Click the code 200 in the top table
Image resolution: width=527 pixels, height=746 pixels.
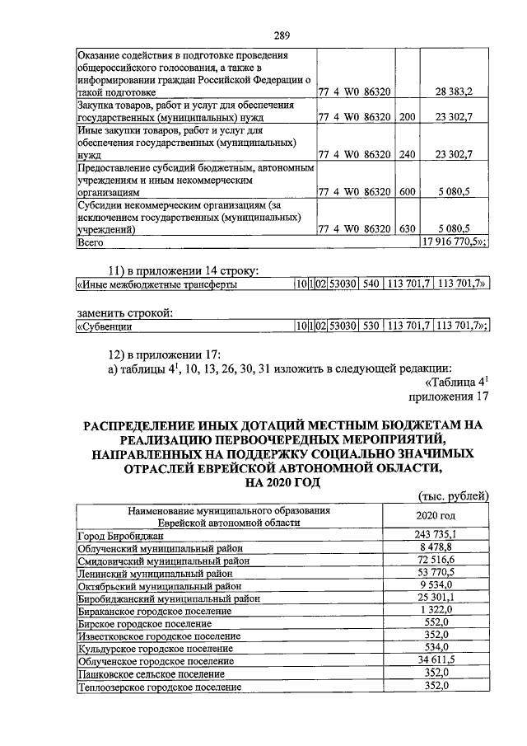point(407,118)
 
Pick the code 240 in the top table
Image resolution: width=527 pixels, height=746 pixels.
point(407,154)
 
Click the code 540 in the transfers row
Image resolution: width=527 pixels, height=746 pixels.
point(371,285)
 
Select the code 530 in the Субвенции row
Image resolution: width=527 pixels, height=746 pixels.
point(371,327)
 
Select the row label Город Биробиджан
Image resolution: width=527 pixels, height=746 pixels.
point(122,536)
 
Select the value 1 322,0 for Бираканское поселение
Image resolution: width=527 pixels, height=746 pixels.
point(442,610)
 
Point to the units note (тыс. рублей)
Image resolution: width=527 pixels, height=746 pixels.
point(454,495)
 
